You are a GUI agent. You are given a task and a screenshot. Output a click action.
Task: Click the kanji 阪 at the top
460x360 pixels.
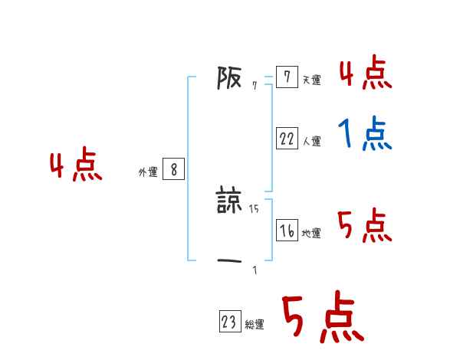click(x=229, y=77)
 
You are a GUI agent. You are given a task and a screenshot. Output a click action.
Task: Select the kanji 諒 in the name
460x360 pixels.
click(x=229, y=201)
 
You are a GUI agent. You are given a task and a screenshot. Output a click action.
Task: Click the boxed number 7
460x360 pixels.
click(x=286, y=77)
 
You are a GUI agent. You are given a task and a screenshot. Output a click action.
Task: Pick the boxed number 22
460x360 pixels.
click(x=287, y=139)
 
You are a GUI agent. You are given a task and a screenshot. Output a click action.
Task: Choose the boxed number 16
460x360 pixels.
click(x=287, y=231)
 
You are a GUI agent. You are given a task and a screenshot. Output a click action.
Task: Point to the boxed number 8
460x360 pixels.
click(x=173, y=170)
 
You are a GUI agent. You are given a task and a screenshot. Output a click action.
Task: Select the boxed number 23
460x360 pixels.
click(x=229, y=322)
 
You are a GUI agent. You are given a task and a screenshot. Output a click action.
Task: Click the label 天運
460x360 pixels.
click(x=311, y=80)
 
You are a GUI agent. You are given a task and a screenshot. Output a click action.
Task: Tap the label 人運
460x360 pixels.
click(x=311, y=141)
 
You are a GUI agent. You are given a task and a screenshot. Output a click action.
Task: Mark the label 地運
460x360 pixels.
click(x=311, y=234)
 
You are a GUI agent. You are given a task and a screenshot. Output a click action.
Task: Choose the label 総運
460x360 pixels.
click(x=255, y=325)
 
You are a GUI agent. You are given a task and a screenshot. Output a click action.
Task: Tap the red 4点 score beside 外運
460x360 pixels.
click(x=76, y=166)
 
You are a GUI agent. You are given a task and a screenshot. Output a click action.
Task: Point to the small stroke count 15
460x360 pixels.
click(x=255, y=208)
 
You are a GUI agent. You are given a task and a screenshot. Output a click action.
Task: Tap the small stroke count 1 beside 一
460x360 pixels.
click(x=255, y=270)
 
